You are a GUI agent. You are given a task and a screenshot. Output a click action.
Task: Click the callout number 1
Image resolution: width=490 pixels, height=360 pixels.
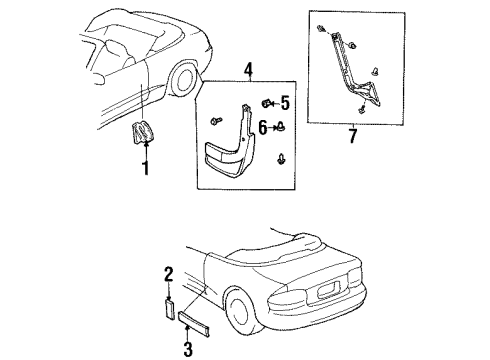click(x=146, y=168)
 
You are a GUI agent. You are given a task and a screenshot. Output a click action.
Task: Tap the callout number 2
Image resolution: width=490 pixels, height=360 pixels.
click(x=169, y=274)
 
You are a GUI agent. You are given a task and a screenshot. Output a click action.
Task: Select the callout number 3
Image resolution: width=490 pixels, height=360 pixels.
click(x=188, y=349)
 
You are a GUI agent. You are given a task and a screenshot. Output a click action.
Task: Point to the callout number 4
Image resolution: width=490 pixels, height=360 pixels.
click(x=248, y=70)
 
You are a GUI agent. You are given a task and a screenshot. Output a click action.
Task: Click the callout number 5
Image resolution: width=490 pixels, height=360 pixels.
click(x=285, y=103)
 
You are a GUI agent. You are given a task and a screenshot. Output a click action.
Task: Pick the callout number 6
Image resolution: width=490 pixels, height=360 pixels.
click(x=263, y=127)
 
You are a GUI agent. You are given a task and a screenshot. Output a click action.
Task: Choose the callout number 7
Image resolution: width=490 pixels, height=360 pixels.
click(x=353, y=136)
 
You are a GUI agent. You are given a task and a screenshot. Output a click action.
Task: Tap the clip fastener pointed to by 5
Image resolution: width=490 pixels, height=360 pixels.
click(x=266, y=103)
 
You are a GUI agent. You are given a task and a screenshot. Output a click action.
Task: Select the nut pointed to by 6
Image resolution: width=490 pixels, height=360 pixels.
click(x=282, y=127)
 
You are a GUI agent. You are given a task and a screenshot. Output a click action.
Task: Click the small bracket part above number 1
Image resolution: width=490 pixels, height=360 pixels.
click(x=142, y=132)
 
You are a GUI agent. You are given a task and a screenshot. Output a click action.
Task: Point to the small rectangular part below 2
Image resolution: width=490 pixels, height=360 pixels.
click(x=170, y=309)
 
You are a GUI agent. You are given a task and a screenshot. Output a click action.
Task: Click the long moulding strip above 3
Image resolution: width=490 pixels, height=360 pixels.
click(x=194, y=324)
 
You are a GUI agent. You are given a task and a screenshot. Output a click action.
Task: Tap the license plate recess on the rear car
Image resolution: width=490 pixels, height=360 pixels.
click(x=324, y=292)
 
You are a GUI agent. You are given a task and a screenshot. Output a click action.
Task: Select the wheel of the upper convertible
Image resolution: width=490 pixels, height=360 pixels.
click(x=183, y=80)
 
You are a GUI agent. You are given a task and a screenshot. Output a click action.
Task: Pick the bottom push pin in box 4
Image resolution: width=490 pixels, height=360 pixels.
click(x=281, y=159)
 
